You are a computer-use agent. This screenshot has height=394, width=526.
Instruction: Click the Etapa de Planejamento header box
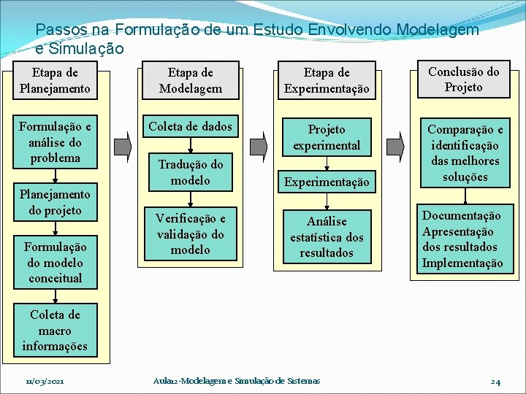tap(56, 81)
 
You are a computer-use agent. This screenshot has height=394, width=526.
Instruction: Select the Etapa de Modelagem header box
tap(191, 81)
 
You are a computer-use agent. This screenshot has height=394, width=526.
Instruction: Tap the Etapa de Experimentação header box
tap(327, 81)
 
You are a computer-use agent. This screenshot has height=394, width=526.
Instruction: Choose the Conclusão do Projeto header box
tap(464, 79)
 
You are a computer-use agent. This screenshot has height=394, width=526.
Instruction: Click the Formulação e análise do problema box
tap(56, 142)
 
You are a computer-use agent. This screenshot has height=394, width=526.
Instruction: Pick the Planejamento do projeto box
tap(56, 202)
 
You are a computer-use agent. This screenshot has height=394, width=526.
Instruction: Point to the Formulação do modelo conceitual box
tap(56, 263)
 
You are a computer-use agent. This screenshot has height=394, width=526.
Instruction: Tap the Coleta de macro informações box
tap(56, 331)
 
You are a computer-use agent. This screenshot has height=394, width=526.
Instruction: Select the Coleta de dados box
tap(191, 127)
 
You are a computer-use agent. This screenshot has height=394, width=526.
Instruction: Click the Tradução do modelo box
tap(191, 172)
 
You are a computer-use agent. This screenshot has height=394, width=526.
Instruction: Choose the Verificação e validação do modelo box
tap(191, 234)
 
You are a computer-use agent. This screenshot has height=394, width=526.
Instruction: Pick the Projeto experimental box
tap(327, 137)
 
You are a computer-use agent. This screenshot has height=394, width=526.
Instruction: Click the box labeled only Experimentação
tap(327, 181)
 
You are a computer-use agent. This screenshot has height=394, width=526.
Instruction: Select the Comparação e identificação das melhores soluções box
tap(464, 152)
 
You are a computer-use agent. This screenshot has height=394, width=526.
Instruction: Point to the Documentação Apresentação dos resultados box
tap(462, 239)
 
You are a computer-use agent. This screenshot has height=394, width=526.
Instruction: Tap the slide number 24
tap(495, 382)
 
